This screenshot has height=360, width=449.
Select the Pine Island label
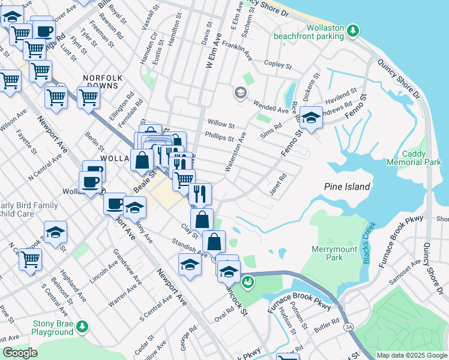pyautogui.click(x=348, y=187)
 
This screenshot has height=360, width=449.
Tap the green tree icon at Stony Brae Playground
pyautogui.click(x=82, y=326)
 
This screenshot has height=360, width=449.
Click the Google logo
pyautogui.click(x=20, y=352)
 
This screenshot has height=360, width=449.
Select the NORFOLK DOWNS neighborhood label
pyautogui.click(x=103, y=82)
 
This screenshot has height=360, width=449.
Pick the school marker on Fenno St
pyautogui.click(x=311, y=118)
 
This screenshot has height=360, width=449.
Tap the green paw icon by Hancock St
pyautogui.click(x=247, y=281)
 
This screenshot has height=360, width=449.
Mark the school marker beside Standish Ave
pyautogui.click(x=190, y=265)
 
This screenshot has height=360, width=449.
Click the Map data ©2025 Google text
pyautogui.click(x=411, y=355)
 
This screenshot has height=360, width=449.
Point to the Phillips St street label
pyautogui.click(x=219, y=138)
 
